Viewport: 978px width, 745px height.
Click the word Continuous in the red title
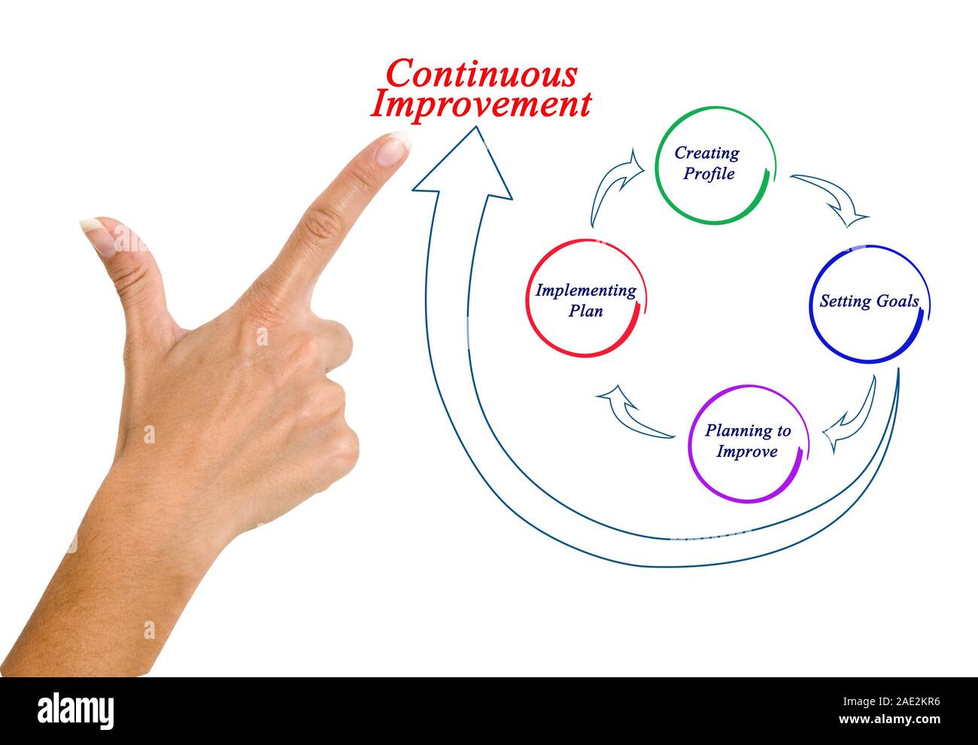click(x=481, y=74)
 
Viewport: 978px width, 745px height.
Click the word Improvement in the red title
click(x=481, y=105)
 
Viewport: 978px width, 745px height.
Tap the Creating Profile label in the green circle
click(x=708, y=163)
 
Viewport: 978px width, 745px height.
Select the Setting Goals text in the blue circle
click(x=869, y=301)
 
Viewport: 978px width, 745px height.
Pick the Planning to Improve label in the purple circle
click(x=748, y=441)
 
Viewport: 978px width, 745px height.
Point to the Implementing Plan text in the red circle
click(x=586, y=300)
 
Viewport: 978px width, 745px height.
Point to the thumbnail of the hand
click(x=99, y=236)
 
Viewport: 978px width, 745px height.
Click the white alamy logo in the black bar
click(x=75, y=710)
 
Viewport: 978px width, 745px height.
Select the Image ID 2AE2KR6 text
click(x=891, y=701)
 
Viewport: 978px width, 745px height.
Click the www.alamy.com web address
click(x=889, y=719)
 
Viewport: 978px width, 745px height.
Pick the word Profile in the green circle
click(x=709, y=173)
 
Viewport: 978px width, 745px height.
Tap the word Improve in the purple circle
click(x=747, y=452)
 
